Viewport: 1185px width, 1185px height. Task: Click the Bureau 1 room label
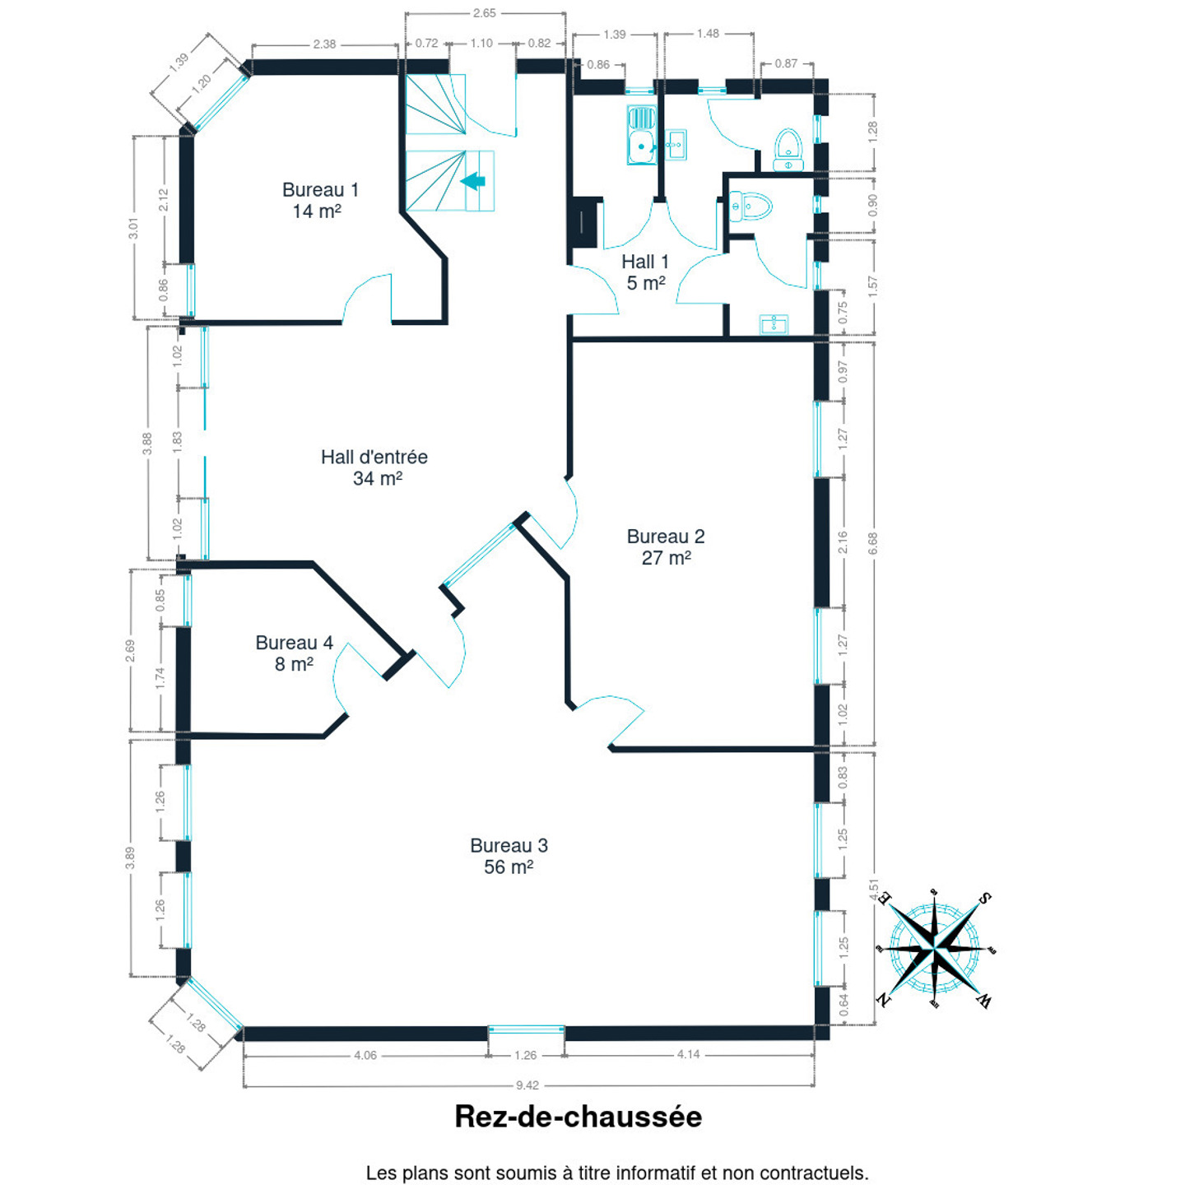[x=320, y=201]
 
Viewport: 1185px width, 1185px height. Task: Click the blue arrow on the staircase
[x=473, y=181]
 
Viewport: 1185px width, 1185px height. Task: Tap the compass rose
[x=935, y=950]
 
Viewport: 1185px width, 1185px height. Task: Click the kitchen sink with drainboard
[x=641, y=135]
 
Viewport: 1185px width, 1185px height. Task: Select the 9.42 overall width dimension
[x=527, y=1085]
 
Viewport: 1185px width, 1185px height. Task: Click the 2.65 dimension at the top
[x=484, y=13]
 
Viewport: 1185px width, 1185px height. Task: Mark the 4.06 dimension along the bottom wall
[x=365, y=1055]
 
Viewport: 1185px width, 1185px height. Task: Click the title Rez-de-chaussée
[x=578, y=1117]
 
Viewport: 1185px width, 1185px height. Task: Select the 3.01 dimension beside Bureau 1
[x=133, y=228]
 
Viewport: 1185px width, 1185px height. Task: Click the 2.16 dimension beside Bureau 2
[x=843, y=542]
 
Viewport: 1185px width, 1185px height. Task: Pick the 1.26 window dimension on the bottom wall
[x=525, y=1055]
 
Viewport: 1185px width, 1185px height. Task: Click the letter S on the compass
[x=984, y=899]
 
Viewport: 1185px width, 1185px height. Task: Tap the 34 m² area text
[x=377, y=478]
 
